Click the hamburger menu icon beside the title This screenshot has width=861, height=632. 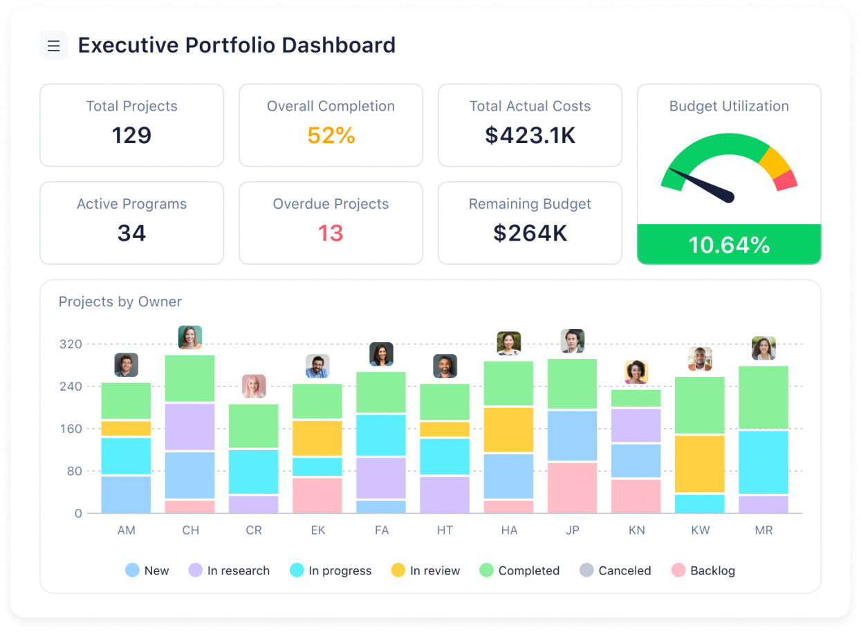click(53, 46)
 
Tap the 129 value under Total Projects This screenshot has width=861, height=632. click(131, 135)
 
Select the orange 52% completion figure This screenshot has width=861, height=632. click(331, 136)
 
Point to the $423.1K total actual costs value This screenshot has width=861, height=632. click(530, 136)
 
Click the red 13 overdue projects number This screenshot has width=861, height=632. click(331, 233)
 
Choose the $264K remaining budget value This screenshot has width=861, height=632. click(530, 233)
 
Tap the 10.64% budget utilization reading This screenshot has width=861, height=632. click(729, 245)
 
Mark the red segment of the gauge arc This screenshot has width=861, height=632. click(786, 180)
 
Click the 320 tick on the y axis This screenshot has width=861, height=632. click(71, 344)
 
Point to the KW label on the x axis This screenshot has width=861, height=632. click(699, 530)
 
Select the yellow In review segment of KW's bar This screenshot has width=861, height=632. click(699, 463)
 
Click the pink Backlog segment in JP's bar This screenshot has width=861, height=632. click(572, 487)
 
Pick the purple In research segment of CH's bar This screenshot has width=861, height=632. click(189, 427)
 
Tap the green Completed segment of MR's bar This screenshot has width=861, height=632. click(763, 397)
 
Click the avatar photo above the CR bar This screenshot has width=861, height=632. click(254, 387)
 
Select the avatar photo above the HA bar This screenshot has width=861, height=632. click(508, 344)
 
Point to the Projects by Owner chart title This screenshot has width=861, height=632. click(120, 301)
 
